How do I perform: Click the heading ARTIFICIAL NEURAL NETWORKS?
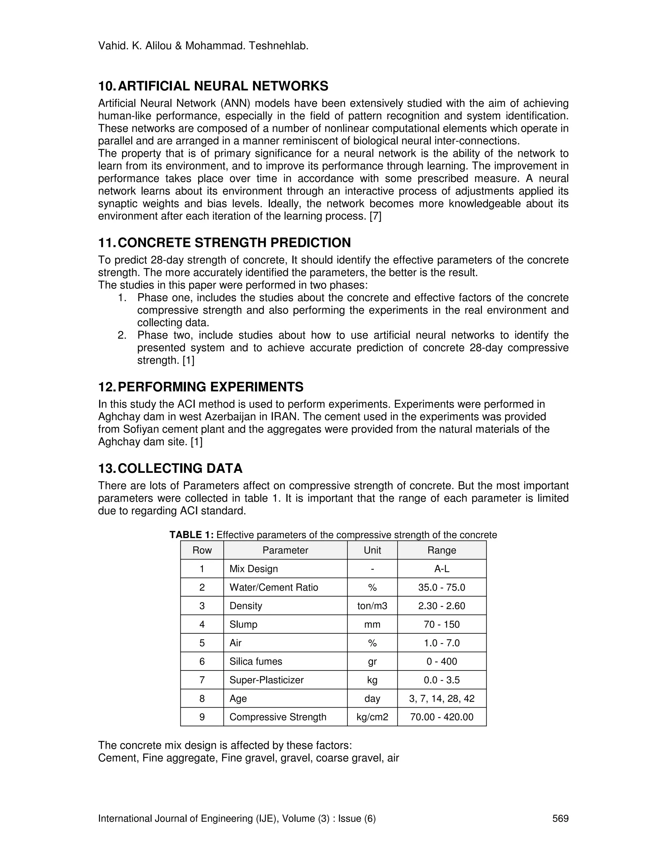pos(223,86)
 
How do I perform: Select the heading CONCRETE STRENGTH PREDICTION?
pos(234,243)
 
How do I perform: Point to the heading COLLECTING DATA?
pos(180,468)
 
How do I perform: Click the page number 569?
pos(560,818)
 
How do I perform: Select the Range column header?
pos(441,550)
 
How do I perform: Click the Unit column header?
pos(372,550)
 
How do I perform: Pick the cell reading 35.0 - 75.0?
pos(441,587)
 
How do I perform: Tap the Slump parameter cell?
pos(243,624)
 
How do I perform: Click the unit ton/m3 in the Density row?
pos(372,606)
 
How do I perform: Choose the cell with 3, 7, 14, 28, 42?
pos(441,698)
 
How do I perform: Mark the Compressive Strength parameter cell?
pos(278,717)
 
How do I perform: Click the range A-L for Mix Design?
pos(441,569)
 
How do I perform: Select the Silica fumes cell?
pos(256,661)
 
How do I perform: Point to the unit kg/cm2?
pos(372,717)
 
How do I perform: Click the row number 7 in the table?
pos(202,680)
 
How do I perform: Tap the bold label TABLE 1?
pos(192,535)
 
